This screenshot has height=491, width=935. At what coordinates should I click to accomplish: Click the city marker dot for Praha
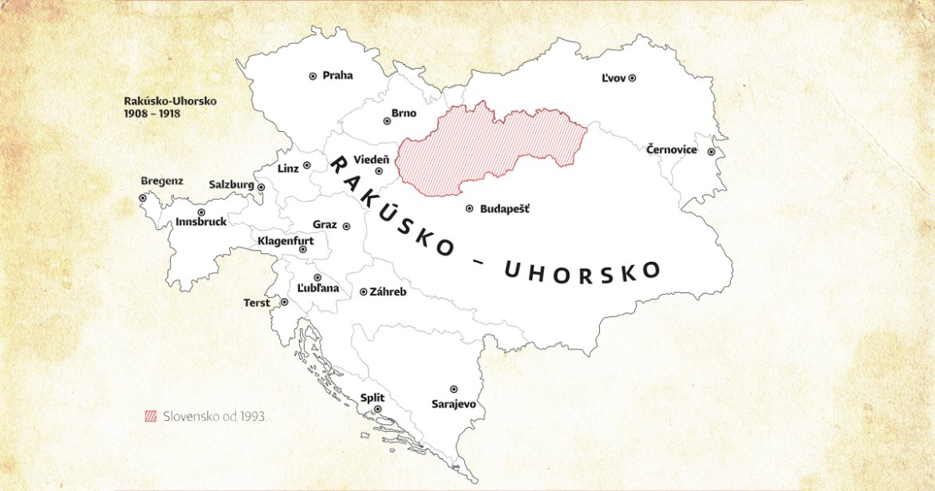pos(313,76)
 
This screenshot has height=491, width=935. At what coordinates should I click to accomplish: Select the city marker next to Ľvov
pos(632,78)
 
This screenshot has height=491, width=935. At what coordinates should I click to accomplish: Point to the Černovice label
pos(672,150)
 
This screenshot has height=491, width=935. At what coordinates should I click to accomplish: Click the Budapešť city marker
pos(469,208)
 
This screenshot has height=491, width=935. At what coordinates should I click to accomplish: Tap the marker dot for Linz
pos(306,165)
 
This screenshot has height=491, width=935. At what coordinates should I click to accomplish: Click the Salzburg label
pos(231,184)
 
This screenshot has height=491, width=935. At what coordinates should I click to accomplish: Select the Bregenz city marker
pos(143,197)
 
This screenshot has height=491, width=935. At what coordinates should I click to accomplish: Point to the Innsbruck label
pos(201,222)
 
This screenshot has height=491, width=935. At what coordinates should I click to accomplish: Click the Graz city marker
pos(346,226)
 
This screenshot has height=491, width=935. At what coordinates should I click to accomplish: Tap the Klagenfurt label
pos(286,240)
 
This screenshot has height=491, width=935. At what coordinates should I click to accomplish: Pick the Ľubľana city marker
pos(318,277)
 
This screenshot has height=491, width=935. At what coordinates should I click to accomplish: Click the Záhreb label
pos(388,292)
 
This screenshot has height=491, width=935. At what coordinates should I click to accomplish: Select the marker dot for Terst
pos(284,303)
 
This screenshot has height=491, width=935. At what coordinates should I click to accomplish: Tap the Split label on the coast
pos(373,397)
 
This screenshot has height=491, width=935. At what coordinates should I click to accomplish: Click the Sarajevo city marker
pos(453,389)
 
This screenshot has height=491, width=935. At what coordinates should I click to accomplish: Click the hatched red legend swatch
pos(151,417)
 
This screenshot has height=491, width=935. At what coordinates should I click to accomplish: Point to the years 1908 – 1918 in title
pos(152,114)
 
